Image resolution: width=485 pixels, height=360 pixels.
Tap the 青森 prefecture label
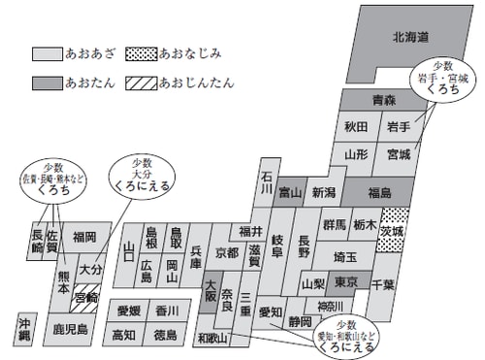tap(356, 101)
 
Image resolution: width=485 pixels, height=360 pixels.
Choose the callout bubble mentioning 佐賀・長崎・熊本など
tap(49, 179)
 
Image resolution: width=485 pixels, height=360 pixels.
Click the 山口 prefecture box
tap(129, 251)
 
